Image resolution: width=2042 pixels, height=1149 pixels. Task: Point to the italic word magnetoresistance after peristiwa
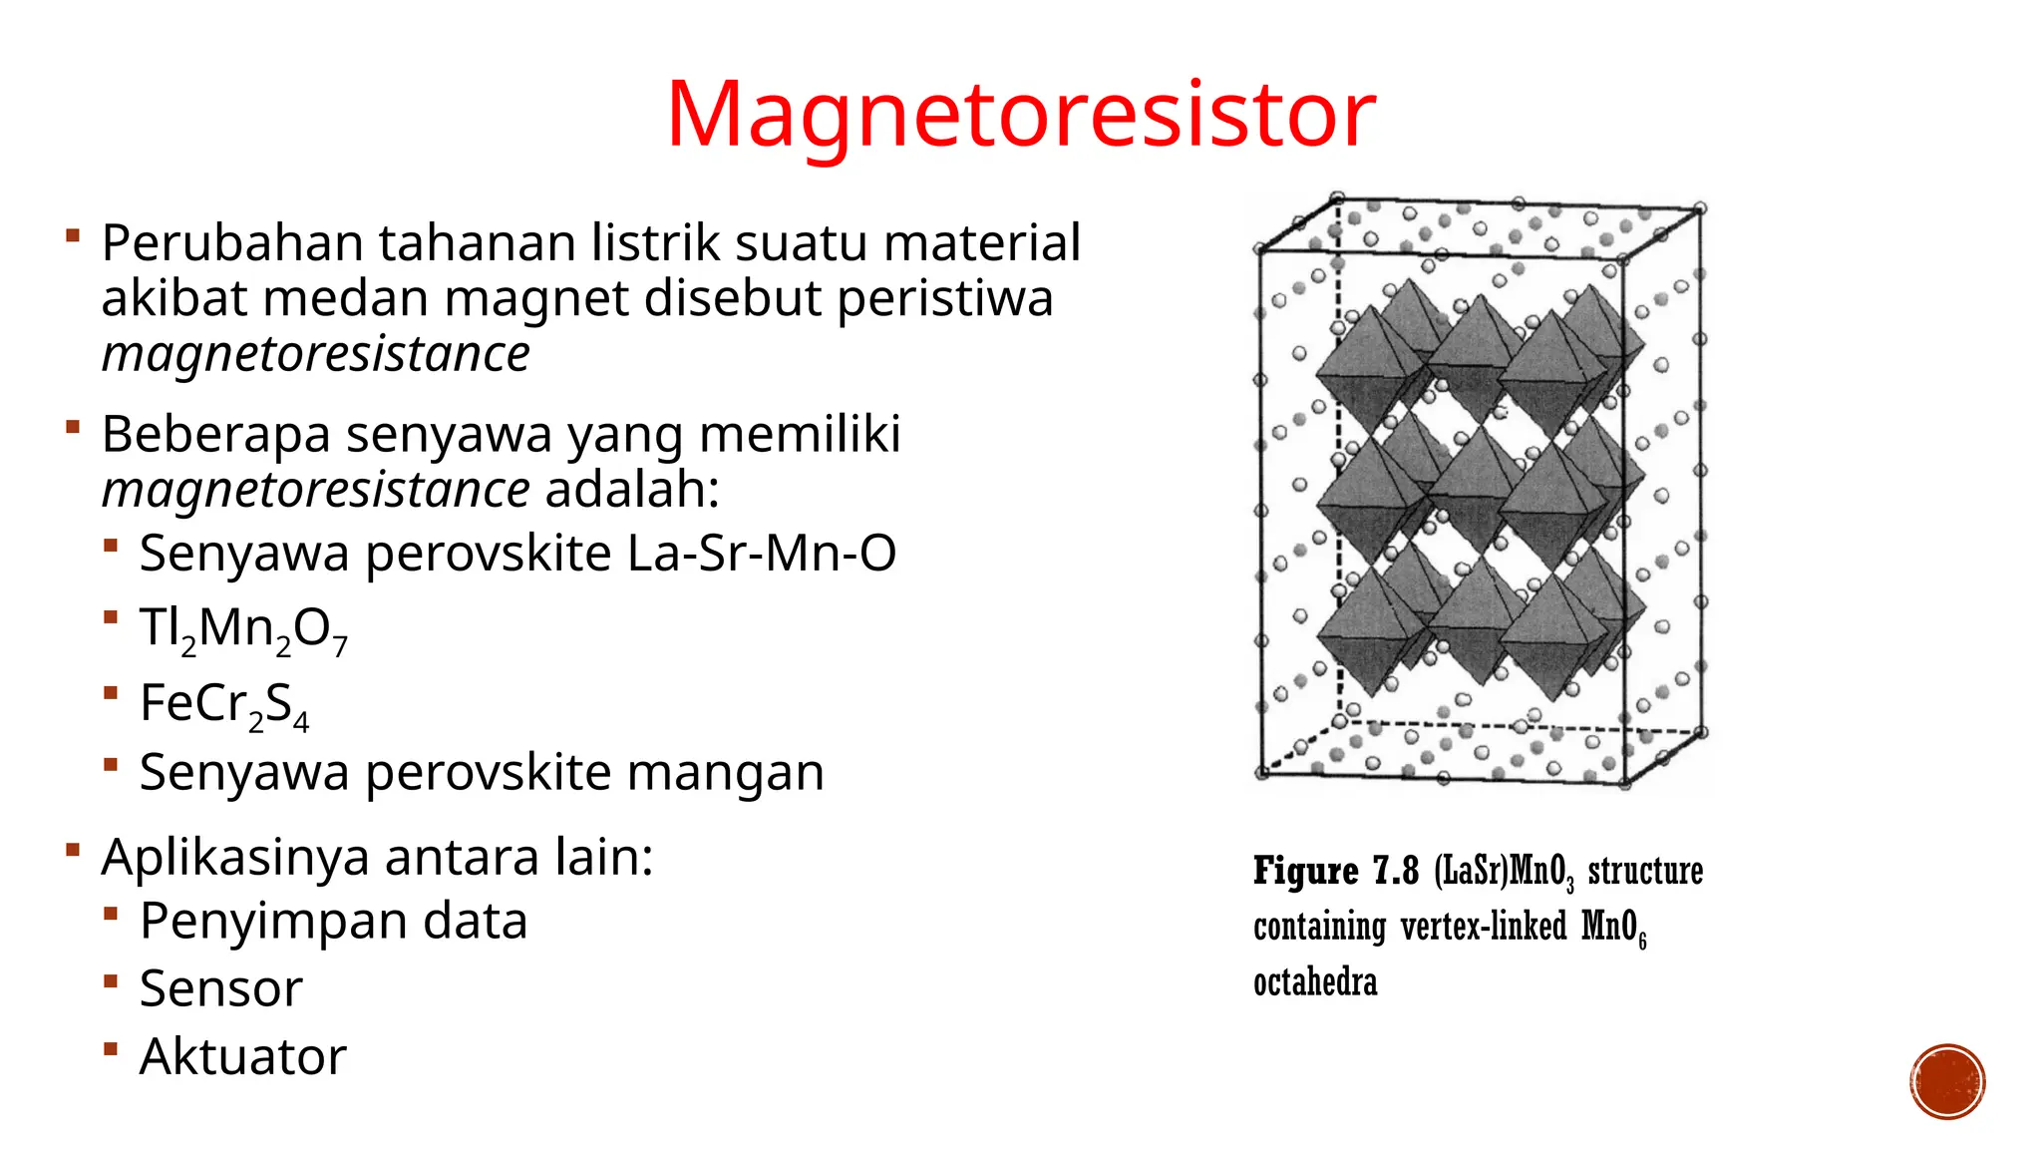click(316, 354)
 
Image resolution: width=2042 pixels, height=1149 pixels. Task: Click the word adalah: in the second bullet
click(632, 490)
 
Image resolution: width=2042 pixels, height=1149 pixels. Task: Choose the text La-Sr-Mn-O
click(762, 554)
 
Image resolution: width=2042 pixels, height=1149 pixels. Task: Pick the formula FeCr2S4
click(224, 704)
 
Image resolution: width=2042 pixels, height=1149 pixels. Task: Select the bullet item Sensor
click(221, 989)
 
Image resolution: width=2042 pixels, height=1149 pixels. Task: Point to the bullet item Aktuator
click(243, 1057)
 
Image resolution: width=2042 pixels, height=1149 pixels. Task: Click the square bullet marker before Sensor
click(111, 981)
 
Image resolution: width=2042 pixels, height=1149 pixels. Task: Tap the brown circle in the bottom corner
click(1947, 1082)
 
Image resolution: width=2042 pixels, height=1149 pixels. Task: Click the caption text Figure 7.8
click(1336, 872)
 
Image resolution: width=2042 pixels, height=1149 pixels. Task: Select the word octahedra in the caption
click(1315, 983)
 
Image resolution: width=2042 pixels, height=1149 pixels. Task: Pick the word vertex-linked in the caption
click(1484, 928)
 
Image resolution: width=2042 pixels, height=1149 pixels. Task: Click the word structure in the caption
click(1645, 872)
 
